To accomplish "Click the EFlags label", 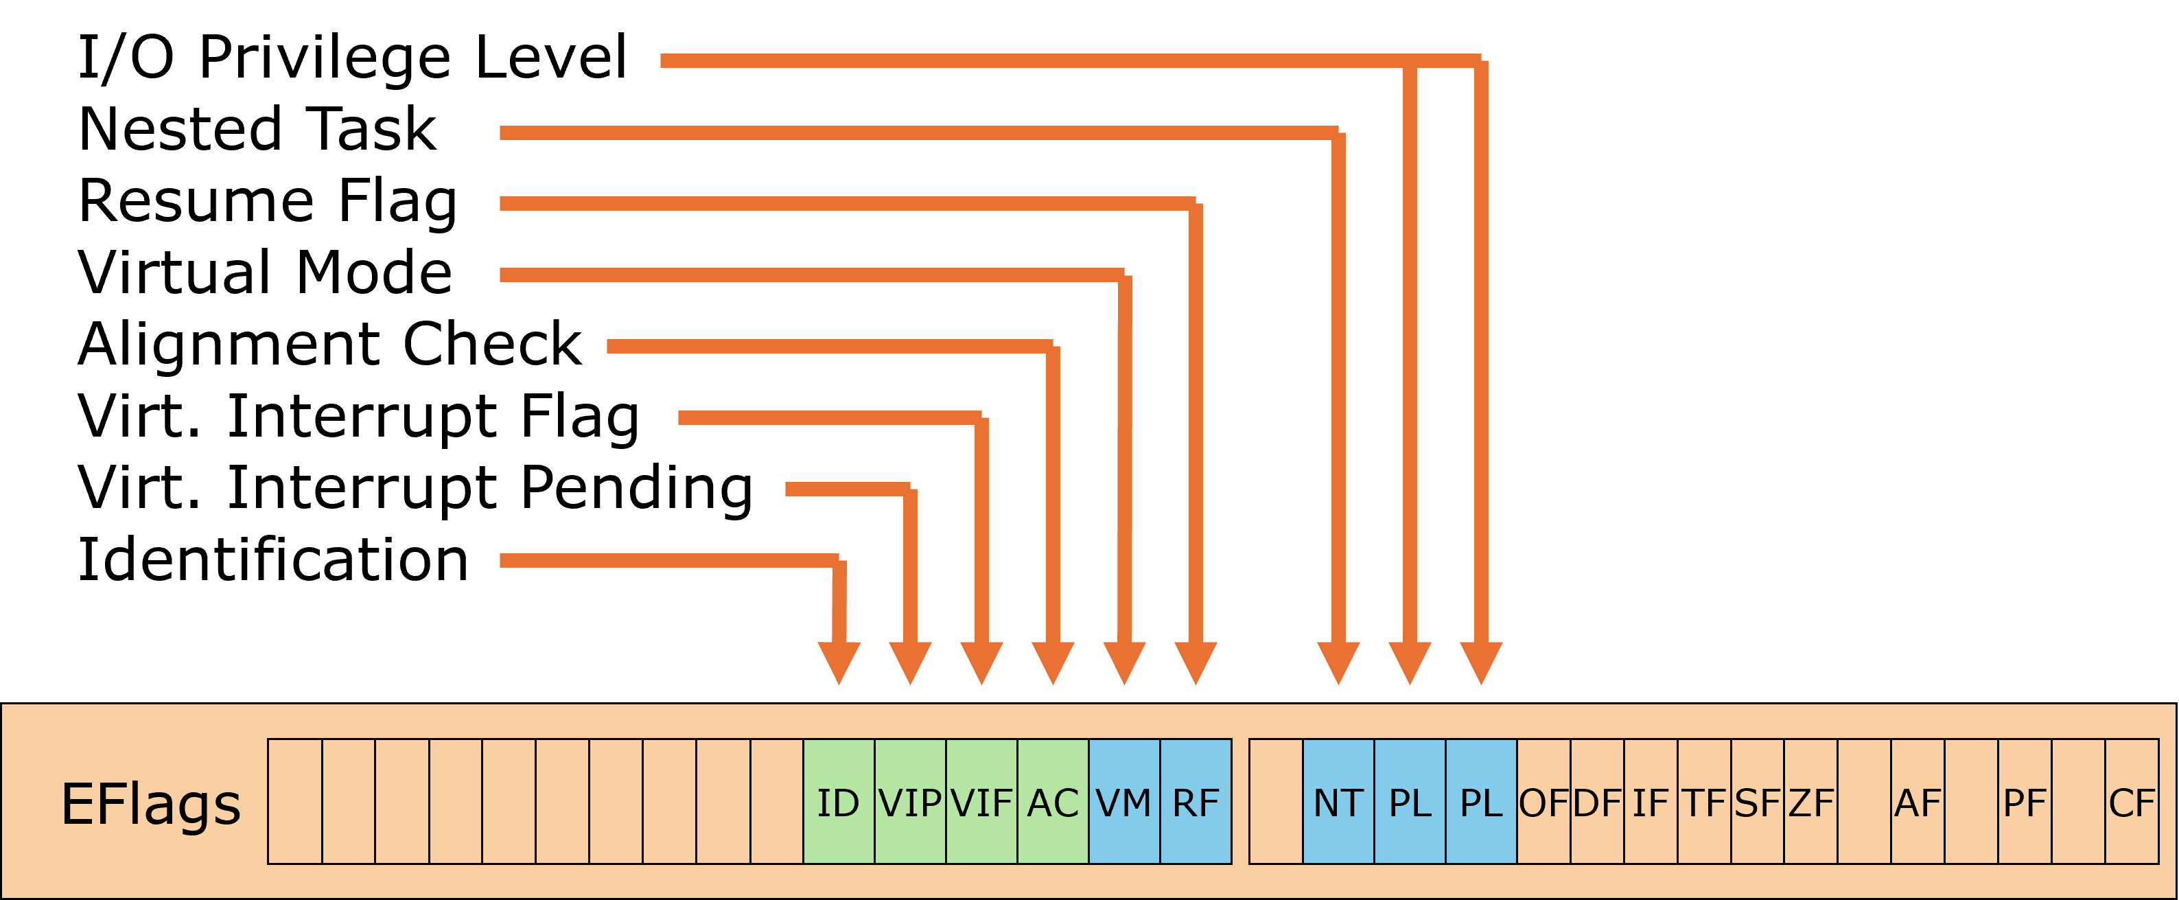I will tap(150, 804).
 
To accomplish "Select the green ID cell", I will tap(838, 802).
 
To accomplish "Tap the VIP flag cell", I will tap(910, 802).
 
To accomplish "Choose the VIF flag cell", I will tap(981, 802).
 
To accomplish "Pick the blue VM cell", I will tap(1124, 802).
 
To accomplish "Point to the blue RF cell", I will tap(1196, 802).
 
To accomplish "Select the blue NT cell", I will tap(1338, 802).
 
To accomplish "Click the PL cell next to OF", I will tap(1481, 802).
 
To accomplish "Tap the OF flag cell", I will tap(1543, 802).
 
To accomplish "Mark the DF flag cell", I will tap(1597, 802).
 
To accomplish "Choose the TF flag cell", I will tap(1703, 802).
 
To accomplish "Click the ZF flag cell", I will tap(1810, 802).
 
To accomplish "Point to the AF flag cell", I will tap(1918, 802).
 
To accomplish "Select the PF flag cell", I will tap(2024, 802).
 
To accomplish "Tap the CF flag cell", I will tap(2132, 802).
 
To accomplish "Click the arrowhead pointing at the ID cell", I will tap(838, 662).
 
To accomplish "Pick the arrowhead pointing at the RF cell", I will tap(1196, 662).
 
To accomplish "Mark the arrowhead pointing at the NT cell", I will tap(1338, 662).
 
